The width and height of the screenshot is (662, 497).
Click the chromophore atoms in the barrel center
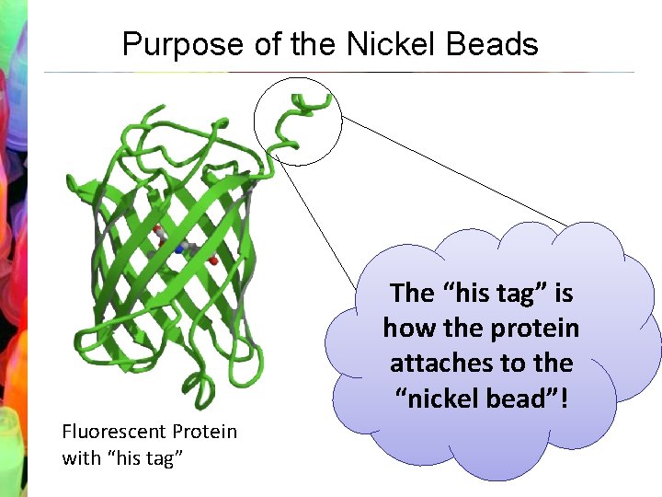pyautogui.click(x=184, y=248)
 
